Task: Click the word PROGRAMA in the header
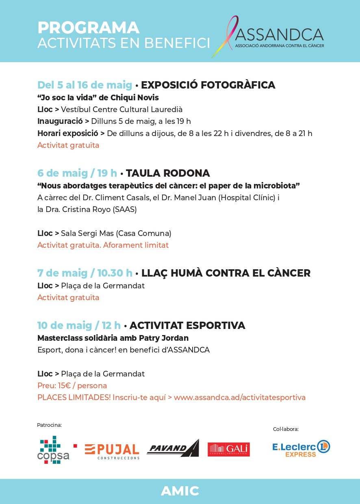point(88,28)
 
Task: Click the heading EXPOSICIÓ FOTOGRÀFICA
point(208,85)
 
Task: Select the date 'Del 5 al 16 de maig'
point(85,85)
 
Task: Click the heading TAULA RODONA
point(168,173)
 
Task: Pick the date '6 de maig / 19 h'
point(77,173)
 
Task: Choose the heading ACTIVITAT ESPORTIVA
point(187,325)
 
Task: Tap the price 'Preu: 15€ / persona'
point(72,385)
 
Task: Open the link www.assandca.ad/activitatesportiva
point(239,397)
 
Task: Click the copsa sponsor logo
point(53,450)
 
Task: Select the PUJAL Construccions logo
point(112,451)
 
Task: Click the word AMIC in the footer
point(180,491)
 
